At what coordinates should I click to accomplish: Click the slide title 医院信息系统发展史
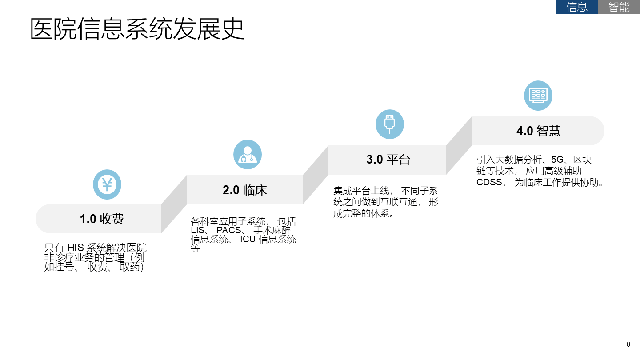137,29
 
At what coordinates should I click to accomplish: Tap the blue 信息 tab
576,7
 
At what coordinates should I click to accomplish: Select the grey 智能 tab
619,7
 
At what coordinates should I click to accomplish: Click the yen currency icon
107,184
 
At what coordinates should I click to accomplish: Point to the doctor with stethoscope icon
248,155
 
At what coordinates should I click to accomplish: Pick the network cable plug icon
390,124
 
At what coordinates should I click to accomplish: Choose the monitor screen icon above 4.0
538,96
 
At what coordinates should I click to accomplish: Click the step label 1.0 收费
102,219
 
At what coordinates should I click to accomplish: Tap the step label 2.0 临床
245,190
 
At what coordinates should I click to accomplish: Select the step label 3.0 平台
388,160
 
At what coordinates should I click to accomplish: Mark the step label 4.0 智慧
538,131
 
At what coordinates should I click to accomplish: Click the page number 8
628,344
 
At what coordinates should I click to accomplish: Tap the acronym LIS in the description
197,230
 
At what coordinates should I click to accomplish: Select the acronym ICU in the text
248,240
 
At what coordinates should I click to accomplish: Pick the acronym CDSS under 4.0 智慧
489,182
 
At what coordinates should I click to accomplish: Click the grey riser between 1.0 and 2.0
174,204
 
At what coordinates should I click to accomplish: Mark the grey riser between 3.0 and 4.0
459,145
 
